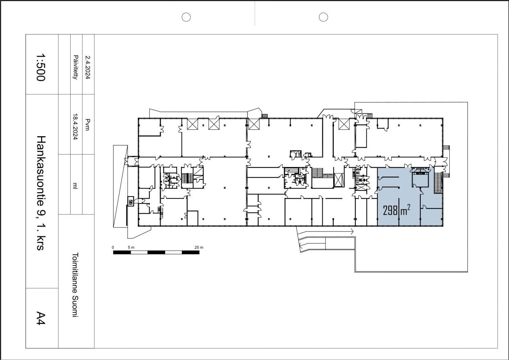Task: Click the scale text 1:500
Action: [x=41, y=67]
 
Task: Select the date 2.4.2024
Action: [x=88, y=67]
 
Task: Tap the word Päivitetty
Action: [x=76, y=67]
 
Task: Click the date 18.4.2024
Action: [x=76, y=126]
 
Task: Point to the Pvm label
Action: [x=88, y=125]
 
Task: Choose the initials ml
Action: [x=75, y=185]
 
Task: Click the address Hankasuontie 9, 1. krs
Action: [x=41, y=193]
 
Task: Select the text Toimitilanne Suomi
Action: [x=75, y=285]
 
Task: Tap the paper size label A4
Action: [x=41, y=318]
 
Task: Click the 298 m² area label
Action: [x=397, y=210]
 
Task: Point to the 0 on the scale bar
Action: [x=113, y=248]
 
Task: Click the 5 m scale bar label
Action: [x=131, y=248]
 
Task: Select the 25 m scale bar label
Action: [x=199, y=248]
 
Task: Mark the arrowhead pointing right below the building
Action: [x=352, y=232]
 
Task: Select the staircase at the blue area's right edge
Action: [x=438, y=183]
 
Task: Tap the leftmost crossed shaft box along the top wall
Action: [x=192, y=124]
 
